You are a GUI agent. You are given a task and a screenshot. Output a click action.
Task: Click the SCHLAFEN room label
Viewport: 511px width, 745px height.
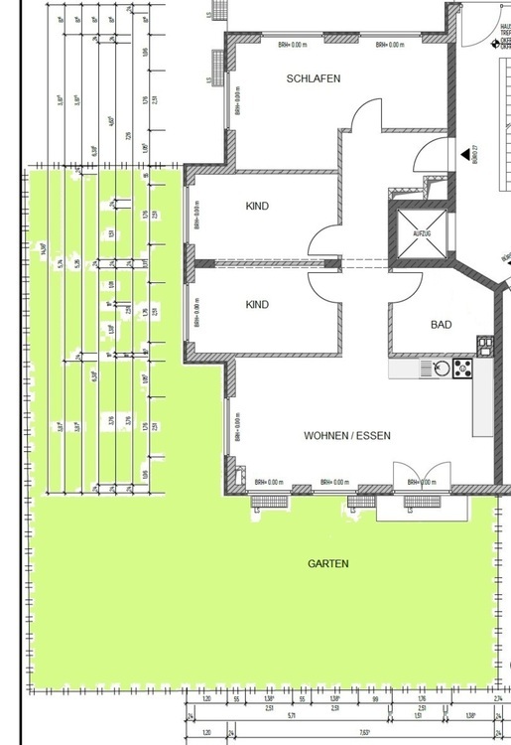[314, 77]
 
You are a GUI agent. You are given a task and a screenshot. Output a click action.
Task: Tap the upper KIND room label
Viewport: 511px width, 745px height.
[257, 207]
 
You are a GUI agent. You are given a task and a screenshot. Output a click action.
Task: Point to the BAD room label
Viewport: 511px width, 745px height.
[442, 325]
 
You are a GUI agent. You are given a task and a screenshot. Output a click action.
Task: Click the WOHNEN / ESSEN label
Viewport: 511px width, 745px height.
[347, 435]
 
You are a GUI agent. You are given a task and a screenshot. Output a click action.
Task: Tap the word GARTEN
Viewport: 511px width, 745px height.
[327, 563]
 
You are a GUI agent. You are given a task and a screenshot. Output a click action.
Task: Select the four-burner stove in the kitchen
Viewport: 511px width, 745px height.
[463, 370]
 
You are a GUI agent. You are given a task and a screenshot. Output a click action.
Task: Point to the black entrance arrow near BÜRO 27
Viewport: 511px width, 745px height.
[465, 155]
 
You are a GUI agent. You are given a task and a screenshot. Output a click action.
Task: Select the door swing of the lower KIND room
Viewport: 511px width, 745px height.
[324, 285]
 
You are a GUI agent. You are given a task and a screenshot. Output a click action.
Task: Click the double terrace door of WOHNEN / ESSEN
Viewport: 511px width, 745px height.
[415, 478]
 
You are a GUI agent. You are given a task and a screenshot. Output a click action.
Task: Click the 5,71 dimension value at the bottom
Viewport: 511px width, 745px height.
[291, 714]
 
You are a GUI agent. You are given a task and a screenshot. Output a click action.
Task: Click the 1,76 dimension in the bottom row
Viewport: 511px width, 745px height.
[421, 700]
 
